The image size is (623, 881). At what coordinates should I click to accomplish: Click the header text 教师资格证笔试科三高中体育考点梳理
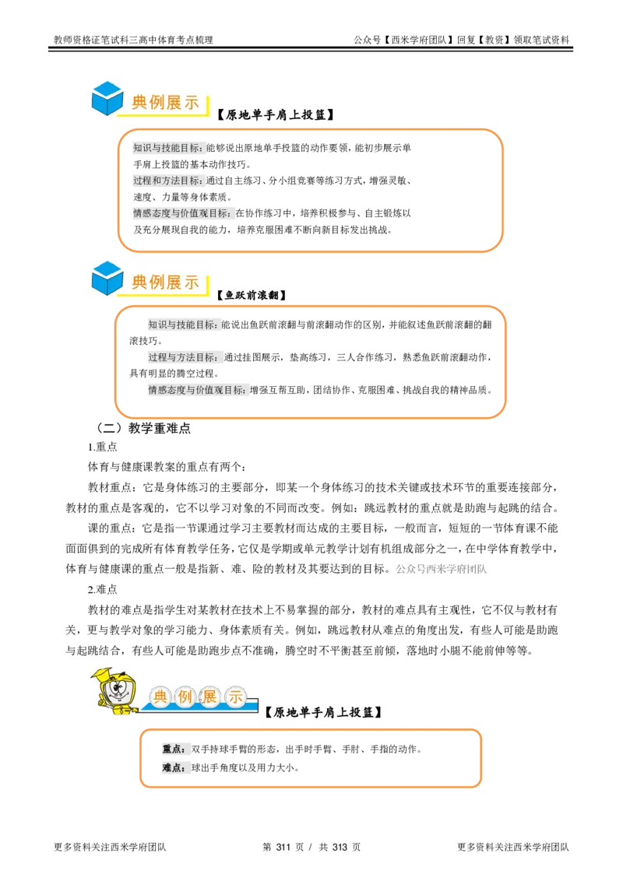133,40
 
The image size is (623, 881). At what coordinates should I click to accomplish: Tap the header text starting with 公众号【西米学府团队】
461,40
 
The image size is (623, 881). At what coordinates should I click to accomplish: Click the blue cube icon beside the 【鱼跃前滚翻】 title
107,279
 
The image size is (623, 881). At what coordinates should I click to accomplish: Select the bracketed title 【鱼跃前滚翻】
252,295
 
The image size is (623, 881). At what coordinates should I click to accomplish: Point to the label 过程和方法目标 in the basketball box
167,181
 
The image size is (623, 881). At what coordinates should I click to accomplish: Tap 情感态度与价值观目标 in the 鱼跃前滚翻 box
196,390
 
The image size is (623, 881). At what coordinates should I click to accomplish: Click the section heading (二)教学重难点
143,428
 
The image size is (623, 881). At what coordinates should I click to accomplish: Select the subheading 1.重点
102,447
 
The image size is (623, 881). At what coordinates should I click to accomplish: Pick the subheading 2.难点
102,589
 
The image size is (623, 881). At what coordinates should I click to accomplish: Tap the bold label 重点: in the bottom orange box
174,749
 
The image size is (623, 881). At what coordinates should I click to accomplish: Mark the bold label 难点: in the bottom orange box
174,767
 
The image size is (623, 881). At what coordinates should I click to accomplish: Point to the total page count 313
340,848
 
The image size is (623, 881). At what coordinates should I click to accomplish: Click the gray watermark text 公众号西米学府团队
442,569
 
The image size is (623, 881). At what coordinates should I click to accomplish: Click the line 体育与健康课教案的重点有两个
167,467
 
